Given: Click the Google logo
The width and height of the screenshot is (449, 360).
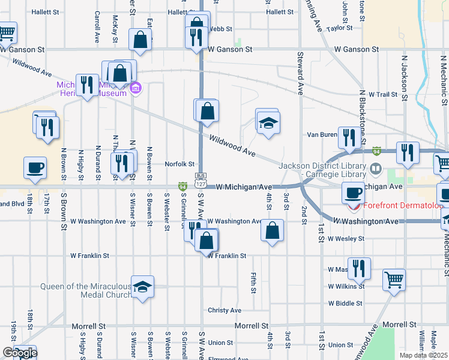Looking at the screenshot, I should (x=19, y=353).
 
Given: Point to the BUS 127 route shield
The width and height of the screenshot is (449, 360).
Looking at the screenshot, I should (x=200, y=176).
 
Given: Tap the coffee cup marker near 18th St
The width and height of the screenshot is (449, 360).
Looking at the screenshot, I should (x=35, y=167).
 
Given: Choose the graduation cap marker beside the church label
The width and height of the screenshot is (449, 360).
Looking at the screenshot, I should (x=142, y=287).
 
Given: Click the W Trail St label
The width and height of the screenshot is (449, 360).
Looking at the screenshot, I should (x=383, y=95).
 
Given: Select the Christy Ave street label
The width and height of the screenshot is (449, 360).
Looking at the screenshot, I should (x=224, y=310).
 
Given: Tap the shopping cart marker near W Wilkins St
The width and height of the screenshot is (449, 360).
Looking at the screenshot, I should (x=394, y=279).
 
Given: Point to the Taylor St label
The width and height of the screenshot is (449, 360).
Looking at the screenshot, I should (x=339, y=28).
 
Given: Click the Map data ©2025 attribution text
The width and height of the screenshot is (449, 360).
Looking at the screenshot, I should (x=424, y=355).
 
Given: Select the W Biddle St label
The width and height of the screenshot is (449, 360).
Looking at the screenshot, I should (x=345, y=304).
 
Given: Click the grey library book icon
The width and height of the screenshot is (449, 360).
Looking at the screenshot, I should (x=376, y=169).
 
